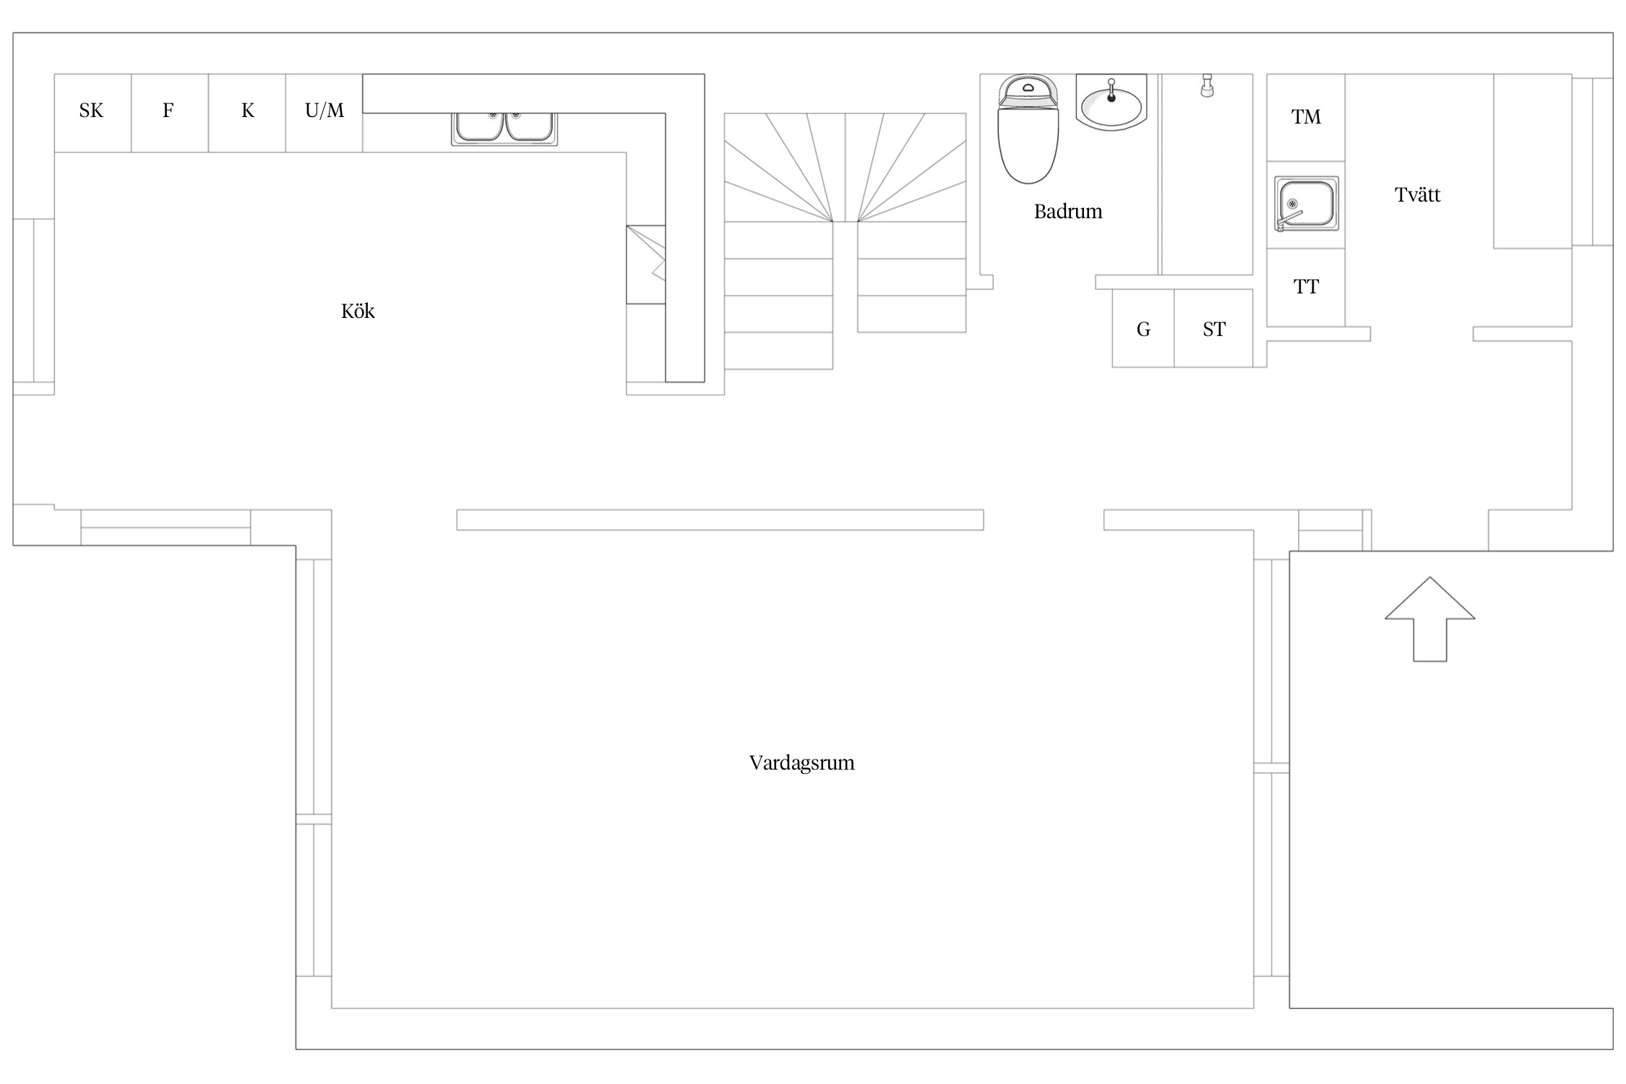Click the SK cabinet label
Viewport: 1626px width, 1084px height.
(91, 111)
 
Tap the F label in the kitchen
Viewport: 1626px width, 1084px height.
(168, 111)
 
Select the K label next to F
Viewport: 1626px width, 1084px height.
(248, 111)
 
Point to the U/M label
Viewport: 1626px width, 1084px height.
(324, 111)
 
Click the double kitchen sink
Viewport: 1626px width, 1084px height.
(504, 129)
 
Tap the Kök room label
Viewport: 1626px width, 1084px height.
(358, 311)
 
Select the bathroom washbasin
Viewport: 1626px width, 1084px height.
(1111, 103)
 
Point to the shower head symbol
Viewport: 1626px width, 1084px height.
(1206, 85)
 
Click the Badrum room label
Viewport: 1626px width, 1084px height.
(1068, 212)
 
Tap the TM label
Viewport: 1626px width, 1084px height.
(1306, 117)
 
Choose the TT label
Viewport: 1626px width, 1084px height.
(1306, 287)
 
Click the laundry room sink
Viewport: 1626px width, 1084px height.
(1306, 205)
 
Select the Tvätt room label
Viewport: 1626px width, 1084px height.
(1417, 195)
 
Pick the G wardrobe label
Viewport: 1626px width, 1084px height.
(1143, 330)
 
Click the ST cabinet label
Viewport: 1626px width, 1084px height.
(1214, 330)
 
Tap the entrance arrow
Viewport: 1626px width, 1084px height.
(1429, 619)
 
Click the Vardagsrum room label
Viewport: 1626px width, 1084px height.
(801, 763)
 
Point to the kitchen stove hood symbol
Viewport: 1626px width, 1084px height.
(646, 264)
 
